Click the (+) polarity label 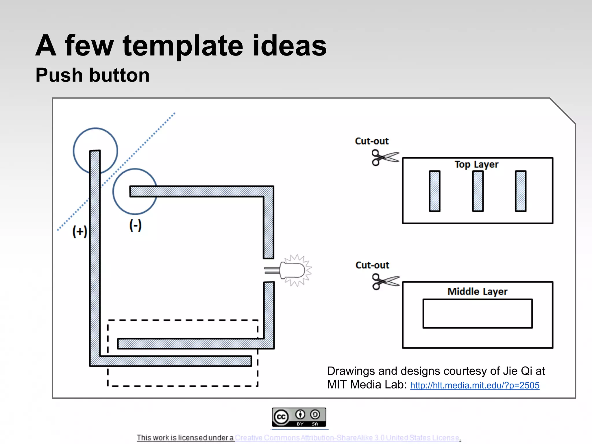(x=79, y=232)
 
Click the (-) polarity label (x=135, y=225)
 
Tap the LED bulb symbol (x=293, y=271)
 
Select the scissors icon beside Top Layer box (x=385, y=158)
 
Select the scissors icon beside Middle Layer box (x=385, y=282)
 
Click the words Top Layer (x=476, y=164)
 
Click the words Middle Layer (x=477, y=291)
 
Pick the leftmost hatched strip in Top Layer (x=434, y=191)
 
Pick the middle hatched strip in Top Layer (x=478, y=191)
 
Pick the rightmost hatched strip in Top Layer (x=521, y=191)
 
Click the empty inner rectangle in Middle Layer (x=478, y=314)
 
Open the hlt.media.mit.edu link (x=475, y=385)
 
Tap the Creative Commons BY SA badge (x=299, y=417)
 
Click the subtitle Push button (x=92, y=75)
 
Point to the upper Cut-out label (x=372, y=141)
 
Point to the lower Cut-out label (x=372, y=265)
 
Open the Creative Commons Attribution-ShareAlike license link (x=347, y=438)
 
